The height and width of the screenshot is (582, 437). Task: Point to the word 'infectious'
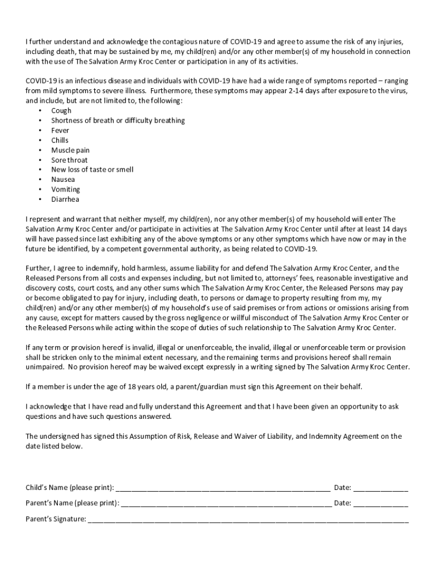[89, 81]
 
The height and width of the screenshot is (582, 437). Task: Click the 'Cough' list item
[61, 111]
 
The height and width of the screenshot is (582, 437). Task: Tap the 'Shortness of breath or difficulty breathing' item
[118, 120]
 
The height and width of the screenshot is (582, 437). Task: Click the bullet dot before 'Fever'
[40, 131]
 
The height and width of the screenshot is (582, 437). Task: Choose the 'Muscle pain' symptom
[70, 150]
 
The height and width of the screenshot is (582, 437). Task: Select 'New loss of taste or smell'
[93, 169]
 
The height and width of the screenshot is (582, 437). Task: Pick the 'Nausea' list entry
[63, 180]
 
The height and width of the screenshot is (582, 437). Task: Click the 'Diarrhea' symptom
[65, 199]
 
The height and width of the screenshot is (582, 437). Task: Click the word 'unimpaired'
[44, 367]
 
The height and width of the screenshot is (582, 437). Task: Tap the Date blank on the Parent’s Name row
[381, 503]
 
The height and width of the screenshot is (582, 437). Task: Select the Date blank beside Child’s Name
[381, 488]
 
